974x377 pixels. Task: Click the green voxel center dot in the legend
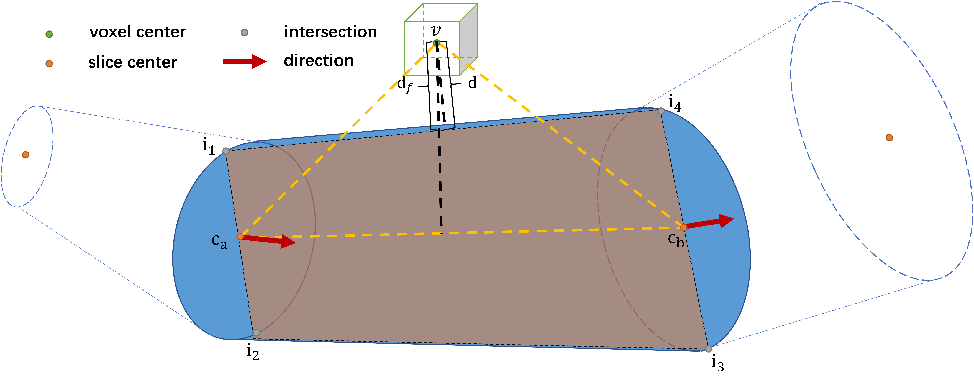[49, 34]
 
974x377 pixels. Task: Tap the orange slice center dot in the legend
[49, 63]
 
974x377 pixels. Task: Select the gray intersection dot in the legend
[245, 32]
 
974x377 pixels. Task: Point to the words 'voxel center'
[137, 32]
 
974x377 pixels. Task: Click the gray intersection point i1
[226, 151]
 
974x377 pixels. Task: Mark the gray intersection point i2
[256, 333]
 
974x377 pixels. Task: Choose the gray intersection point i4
[661, 111]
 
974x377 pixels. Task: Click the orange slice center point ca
[240, 236]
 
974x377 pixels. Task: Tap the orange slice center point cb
[684, 227]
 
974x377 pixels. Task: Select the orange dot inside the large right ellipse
[889, 138]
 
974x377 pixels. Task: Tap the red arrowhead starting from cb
[726, 220]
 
